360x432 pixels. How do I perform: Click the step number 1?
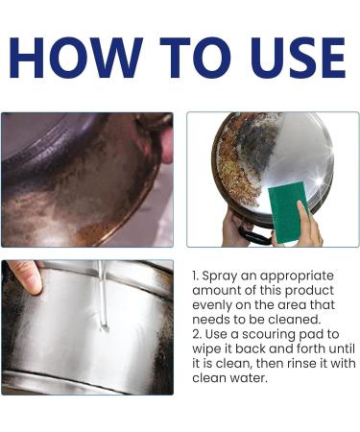pos(197,275)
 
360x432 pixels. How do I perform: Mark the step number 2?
pos(197,335)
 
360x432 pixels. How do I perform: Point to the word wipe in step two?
pos(209,350)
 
